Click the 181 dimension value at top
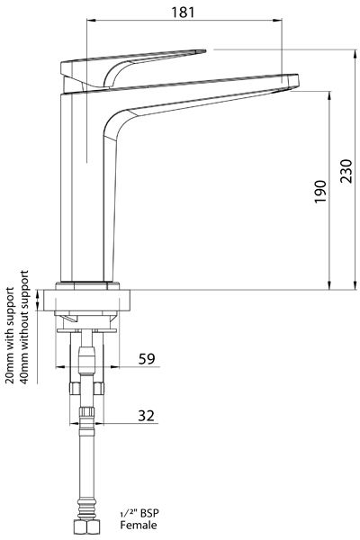click(x=183, y=13)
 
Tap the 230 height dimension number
click(x=346, y=171)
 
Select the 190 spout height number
click(x=320, y=192)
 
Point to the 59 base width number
click(x=147, y=358)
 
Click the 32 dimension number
click(x=146, y=415)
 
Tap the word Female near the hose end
click(x=138, y=525)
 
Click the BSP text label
click(x=149, y=514)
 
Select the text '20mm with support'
click(x=10, y=335)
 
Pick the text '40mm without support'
click(x=23, y=328)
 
